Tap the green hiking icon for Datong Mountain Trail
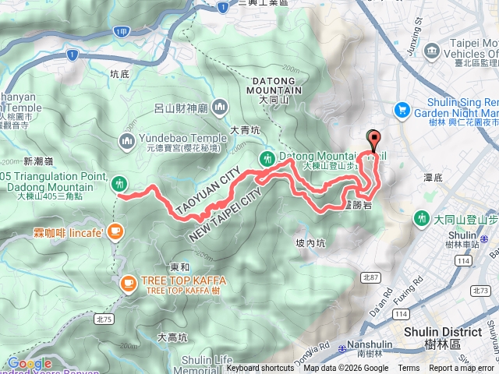(267, 158)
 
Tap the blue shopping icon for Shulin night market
(403, 110)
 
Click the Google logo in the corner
(29, 363)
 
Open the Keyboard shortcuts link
(260, 369)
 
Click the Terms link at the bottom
(409, 369)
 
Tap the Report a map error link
(462, 369)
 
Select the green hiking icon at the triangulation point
(119, 183)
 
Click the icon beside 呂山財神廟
(221, 106)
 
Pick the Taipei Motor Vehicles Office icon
(433, 52)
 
